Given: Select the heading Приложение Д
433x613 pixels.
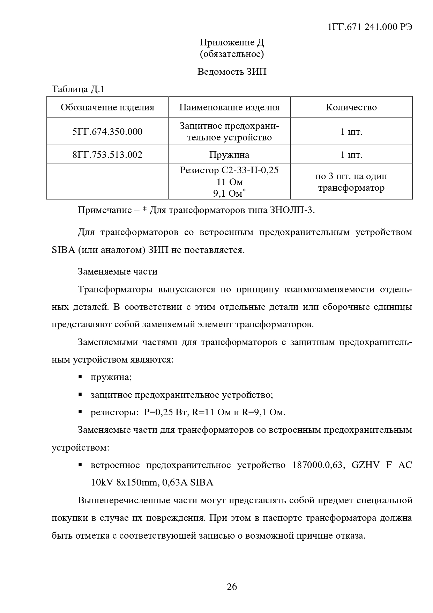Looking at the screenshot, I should (232, 43).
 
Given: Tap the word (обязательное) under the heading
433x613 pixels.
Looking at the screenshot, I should (232, 54).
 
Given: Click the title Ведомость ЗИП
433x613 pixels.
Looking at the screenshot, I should (232, 72).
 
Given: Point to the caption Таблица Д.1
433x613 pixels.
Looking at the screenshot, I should (78, 89).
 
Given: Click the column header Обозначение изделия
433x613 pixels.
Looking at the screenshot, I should (107, 107).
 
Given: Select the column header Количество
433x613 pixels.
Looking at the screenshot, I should (351, 107).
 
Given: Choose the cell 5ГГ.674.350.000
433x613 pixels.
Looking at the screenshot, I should (107, 132).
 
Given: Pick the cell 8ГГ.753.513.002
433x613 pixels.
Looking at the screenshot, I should (107, 155).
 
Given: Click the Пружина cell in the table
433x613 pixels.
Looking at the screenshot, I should (229, 155).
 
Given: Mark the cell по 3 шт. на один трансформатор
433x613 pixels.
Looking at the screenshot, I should (351, 182).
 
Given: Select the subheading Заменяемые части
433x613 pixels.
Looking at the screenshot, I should (118, 271).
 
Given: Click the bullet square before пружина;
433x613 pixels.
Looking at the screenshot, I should (80, 377).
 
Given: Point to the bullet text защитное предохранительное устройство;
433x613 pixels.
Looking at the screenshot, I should (182, 395).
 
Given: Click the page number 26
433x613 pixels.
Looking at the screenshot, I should (232, 586).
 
